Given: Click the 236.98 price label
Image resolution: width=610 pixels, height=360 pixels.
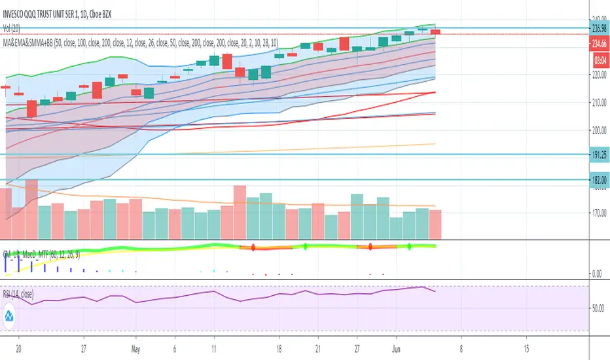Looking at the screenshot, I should [599, 29].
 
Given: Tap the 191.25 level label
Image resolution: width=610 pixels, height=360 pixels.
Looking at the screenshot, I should [599, 154].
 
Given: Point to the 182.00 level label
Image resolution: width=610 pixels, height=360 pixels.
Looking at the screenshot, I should [599, 179].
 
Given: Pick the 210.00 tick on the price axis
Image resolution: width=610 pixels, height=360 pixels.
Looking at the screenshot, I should [599, 103].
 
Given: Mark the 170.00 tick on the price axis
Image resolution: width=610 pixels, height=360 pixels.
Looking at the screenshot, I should [599, 213].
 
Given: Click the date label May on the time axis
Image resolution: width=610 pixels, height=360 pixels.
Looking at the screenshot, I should [136, 348].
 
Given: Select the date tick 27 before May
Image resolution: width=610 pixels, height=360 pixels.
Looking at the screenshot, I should [83, 348].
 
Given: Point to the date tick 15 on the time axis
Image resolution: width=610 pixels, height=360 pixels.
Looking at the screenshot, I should [526, 348].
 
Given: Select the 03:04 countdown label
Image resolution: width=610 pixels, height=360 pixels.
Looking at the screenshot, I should [599, 59].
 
